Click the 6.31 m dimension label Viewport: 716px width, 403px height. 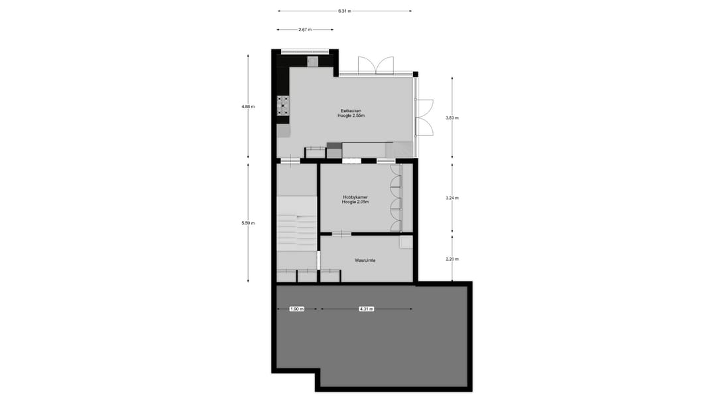344,11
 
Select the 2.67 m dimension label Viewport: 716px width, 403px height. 306,29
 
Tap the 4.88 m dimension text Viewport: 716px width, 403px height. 249,106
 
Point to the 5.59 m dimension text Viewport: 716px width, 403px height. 249,222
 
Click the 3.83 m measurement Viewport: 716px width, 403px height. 452,118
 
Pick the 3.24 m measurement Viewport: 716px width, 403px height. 452,198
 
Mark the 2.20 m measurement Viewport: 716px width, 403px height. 452,259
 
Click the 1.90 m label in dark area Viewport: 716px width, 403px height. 296,309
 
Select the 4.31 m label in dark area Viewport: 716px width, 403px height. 366,309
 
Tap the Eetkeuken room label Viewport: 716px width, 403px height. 351,111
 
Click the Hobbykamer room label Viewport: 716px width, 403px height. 355,197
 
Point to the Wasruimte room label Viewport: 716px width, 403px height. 364,261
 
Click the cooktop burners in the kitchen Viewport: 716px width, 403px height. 284,105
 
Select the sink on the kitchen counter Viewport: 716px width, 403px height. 312,61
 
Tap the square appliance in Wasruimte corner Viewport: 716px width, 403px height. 405,242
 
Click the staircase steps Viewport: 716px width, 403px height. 296,232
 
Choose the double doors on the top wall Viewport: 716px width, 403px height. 376,66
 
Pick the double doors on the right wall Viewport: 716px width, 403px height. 424,117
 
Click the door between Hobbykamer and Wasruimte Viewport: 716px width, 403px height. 341,233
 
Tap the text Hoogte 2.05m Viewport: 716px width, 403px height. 355,202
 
